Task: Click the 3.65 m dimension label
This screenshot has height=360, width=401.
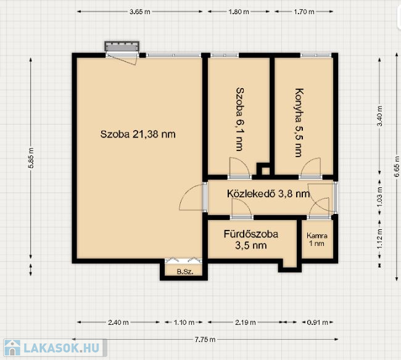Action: pyautogui.click(x=139, y=12)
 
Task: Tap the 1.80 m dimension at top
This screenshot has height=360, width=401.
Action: pyautogui.click(x=238, y=12)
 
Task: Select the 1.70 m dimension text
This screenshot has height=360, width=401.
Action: pyautogui.click(x=304, y=12)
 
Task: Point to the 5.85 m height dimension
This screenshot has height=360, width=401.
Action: pyautogui.click(x=31, y=158)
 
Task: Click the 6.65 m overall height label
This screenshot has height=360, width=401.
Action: pyautogui.click(x=397, y=166)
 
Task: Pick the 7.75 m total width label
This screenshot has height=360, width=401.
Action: pyautogui.click(x=205, y=340)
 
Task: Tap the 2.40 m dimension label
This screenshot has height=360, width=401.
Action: pyautogui.click(x=118, y=322)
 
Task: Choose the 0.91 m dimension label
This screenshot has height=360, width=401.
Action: pyautogui.click(x=317, y=322)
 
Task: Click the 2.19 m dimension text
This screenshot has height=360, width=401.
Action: pyautogui.click(x=246, y=322)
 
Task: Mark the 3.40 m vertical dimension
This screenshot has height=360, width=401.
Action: pyautogui.click(x=380, y=116)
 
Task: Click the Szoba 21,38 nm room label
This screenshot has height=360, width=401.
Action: pyautogui.click(x=138, y=134)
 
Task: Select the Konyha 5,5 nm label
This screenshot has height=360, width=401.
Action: pyautogui.click(x=299, y=123)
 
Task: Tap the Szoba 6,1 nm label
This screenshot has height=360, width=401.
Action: pyautogui.click(x=239, y=119)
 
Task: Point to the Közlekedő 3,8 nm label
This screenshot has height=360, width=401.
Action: pyautogui.click(x=268, y=194)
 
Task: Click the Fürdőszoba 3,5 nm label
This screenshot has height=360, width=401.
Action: pyautogui.click(x=251, y=240)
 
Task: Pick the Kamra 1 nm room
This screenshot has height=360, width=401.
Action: pyautogui.click(x=317, y=239)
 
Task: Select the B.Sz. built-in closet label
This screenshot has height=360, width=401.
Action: pyautogui.click(x=185, y=272)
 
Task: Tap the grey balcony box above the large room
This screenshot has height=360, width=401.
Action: pyautogui.click(x=122, y=46)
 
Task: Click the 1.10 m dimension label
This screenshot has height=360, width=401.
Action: pyautogui.click(x=184, y=322)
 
